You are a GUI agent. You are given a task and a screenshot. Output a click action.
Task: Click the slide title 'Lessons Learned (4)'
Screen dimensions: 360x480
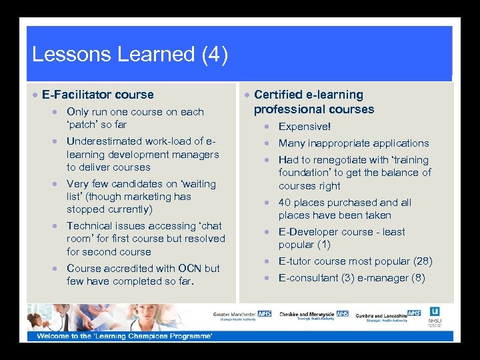pyautogui.click(x=130, y=55)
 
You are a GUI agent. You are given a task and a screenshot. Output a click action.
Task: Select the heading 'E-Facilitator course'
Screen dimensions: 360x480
pyautogui.click(x=97, y=95)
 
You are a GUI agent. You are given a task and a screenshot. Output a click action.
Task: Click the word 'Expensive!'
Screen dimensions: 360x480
pyautogui.click(x=304, y=127)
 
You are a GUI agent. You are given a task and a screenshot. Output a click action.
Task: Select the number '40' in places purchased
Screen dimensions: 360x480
pyautogui.click(x=285, y=203)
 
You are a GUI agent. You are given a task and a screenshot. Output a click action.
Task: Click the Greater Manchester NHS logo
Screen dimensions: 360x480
pyautogui.click(x=242, y=315)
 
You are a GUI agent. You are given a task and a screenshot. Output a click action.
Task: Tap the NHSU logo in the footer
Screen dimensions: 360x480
pyautogui.click(x=435, y=316)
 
